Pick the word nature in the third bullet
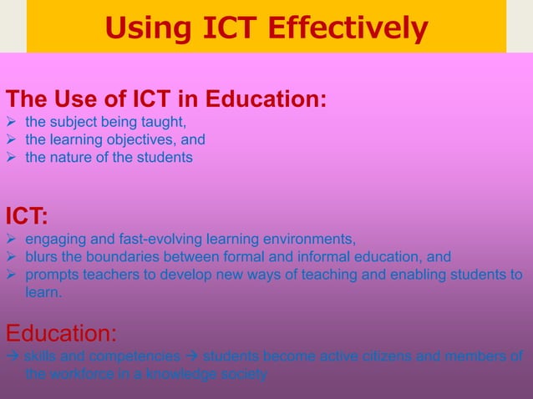pyautogui.click(x=69, y=157)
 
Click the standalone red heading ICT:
pyautogui.click(x=27, y=216)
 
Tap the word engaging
pyautogui.click(x=53, y=240)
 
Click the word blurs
pyautogui.click(x=42, y=257)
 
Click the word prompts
pyautogui.click(x=50, y=275)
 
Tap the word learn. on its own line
pyautogui.click(x=43, y=292)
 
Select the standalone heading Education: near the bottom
pyautogui.click(x=61, y=334)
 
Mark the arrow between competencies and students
pyautogui.click(x=191, y=357)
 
